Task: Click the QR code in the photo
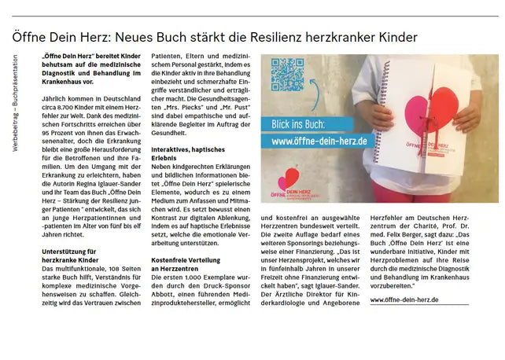pyautogui.click(x=288, y=76)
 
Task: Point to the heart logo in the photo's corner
pyautogui.click(x=290, y=179)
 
